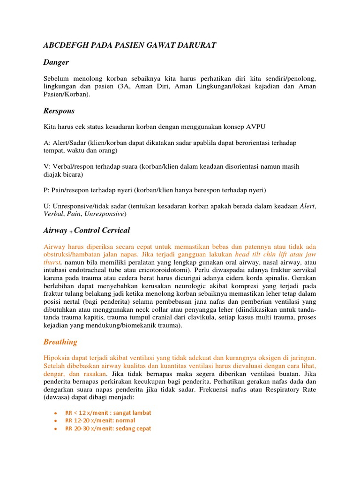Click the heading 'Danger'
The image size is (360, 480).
point(56,62)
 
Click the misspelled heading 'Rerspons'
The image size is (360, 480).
point(59,111)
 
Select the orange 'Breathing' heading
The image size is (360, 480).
point(60,342)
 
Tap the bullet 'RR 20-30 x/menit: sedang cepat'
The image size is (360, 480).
point(108,428)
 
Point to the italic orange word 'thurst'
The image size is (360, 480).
point(52,262)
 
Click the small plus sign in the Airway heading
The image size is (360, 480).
point(71,232)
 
